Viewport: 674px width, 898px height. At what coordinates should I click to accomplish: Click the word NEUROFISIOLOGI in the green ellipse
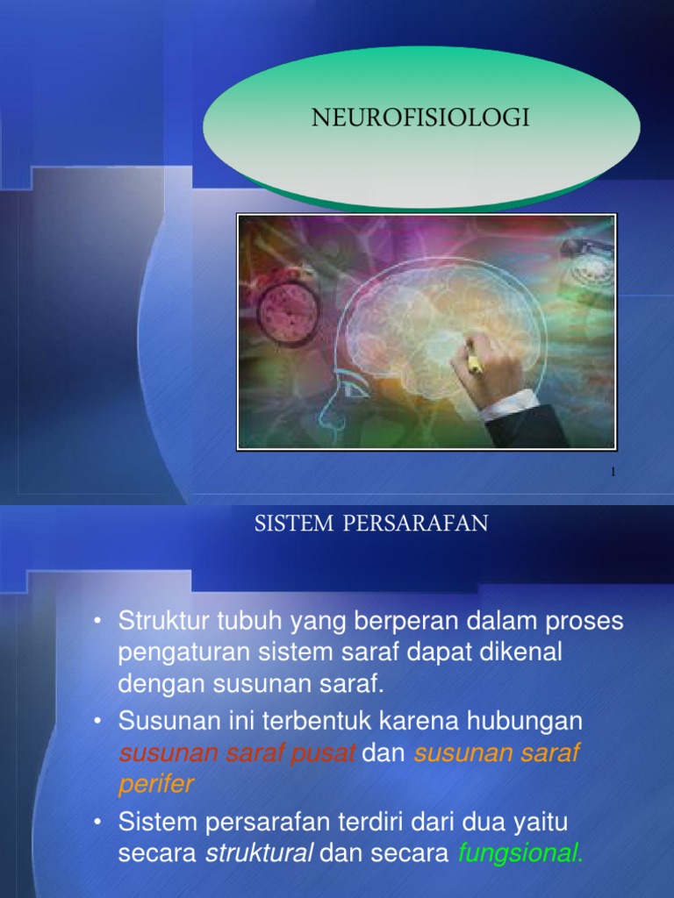(420, 118)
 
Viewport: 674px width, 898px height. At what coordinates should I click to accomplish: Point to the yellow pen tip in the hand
(475, 363)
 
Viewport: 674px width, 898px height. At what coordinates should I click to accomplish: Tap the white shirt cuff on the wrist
(510, 406)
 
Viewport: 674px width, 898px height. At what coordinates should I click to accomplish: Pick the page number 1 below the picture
(613, 472)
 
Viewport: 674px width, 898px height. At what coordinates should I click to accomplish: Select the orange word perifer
(155, 783)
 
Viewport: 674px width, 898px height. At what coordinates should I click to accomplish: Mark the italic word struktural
(258, 854)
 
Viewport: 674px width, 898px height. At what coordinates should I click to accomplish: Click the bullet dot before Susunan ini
(100, 722)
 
